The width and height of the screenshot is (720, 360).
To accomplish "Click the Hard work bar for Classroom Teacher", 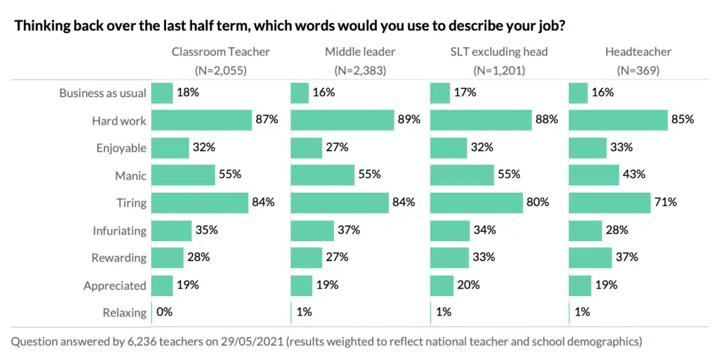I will click(x=202, y=120).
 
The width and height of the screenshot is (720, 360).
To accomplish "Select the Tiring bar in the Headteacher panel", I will click(x=609, y=202).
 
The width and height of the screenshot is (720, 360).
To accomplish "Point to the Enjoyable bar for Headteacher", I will click(x=587, y=148).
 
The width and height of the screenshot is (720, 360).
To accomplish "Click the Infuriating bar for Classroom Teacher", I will click(x=172, y=230).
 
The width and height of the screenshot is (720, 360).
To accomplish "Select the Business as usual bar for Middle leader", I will click(x=300, y=93).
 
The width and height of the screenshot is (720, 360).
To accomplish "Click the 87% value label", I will click(x=266, y=120).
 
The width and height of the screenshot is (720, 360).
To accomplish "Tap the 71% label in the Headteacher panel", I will click(x=664, y=202).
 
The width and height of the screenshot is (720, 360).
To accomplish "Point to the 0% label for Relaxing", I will click(x=165, y=312).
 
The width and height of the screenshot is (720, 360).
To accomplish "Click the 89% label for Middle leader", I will click(x=409, y=120).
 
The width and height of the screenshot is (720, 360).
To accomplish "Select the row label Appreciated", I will click(x=115, y=285).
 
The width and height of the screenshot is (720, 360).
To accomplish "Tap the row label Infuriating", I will click(x=120, y=230).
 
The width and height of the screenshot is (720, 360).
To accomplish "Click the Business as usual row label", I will click(x=103, y=93).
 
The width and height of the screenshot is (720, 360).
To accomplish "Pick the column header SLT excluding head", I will click(x=499, y=51).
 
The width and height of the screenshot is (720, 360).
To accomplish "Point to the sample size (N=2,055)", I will click(x=221, y=70).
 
